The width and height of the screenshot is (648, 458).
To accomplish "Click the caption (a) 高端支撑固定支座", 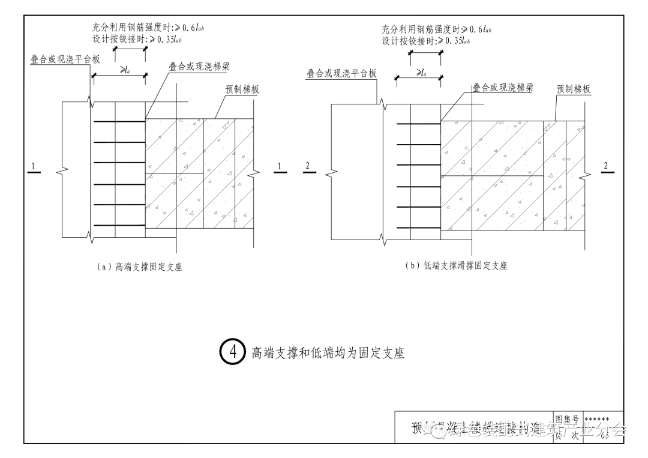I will (140, 267).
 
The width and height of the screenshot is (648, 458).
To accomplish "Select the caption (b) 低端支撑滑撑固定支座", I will (456, 265).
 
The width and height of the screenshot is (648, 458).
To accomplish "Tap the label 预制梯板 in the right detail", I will (574, 89).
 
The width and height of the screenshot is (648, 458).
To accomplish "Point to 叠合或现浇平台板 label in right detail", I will (341, 73).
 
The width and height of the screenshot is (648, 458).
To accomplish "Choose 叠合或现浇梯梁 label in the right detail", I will (503, 88).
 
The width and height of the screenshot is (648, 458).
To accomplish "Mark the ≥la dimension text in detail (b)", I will (421, 72).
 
